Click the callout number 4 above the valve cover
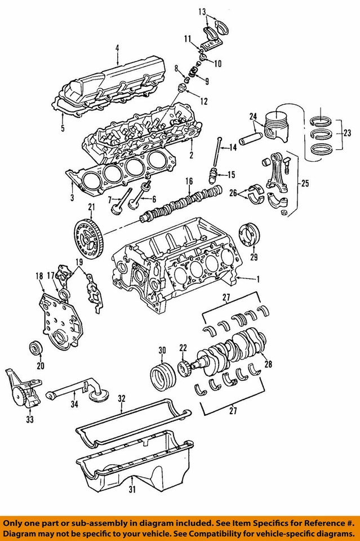pyautogui.click(x=117, y=48)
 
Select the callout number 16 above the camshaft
pyautogui.click(x=189, y=181)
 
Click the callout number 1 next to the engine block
pyautogui.click(x=258, y=279)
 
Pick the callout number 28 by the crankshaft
pyautogui.click(x=268, y=365)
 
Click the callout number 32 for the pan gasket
pyautogui.click(x=121, y=398)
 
